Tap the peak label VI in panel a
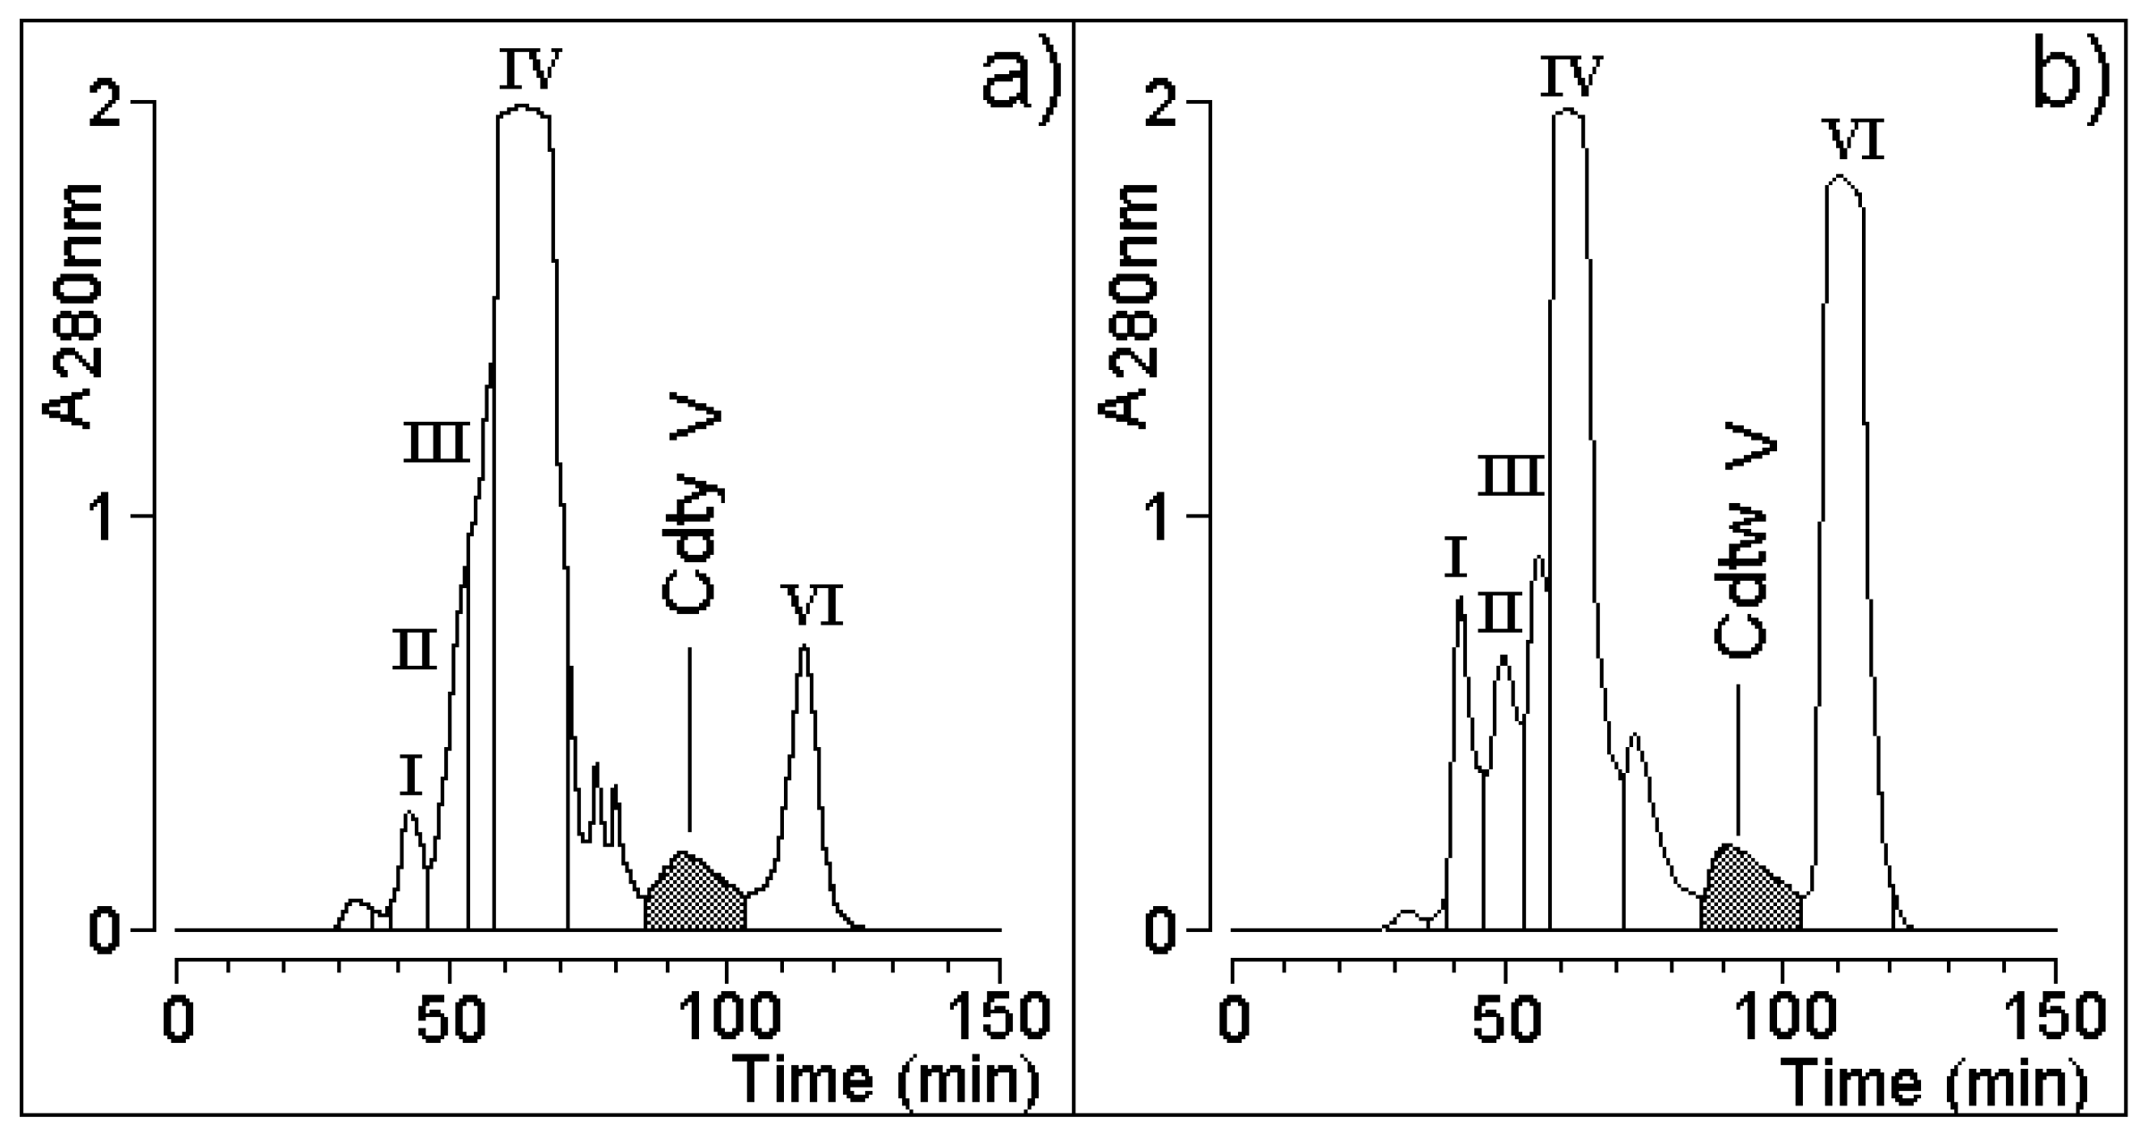(x=812, y=607)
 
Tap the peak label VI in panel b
(x=1856, y=142)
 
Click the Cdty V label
(x=692, y=510)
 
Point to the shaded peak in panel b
(x=1748, y=889)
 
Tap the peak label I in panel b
(x=1455, y=560)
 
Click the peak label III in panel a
(x=436, y=443)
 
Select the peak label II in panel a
(x=415, y=651)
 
